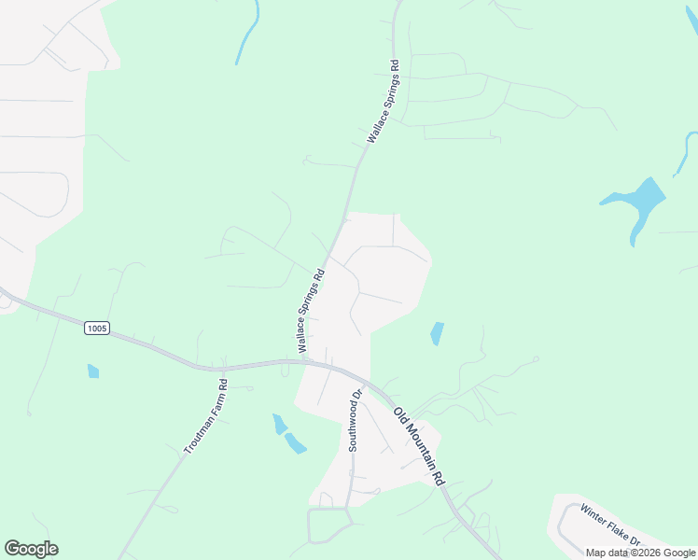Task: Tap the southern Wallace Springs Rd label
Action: tap(311, 311)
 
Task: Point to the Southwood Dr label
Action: tap(354, 422)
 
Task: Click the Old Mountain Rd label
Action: tap(418, 447)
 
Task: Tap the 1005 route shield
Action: tap(96, 328)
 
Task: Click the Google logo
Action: tap(31, 549)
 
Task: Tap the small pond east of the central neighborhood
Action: tap(437, 333)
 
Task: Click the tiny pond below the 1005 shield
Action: tap(92, 371)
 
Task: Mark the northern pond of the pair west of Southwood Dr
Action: tap(279, 424)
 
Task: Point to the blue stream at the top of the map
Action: tap(248, 33)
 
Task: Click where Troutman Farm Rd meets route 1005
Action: tap(225, 367)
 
